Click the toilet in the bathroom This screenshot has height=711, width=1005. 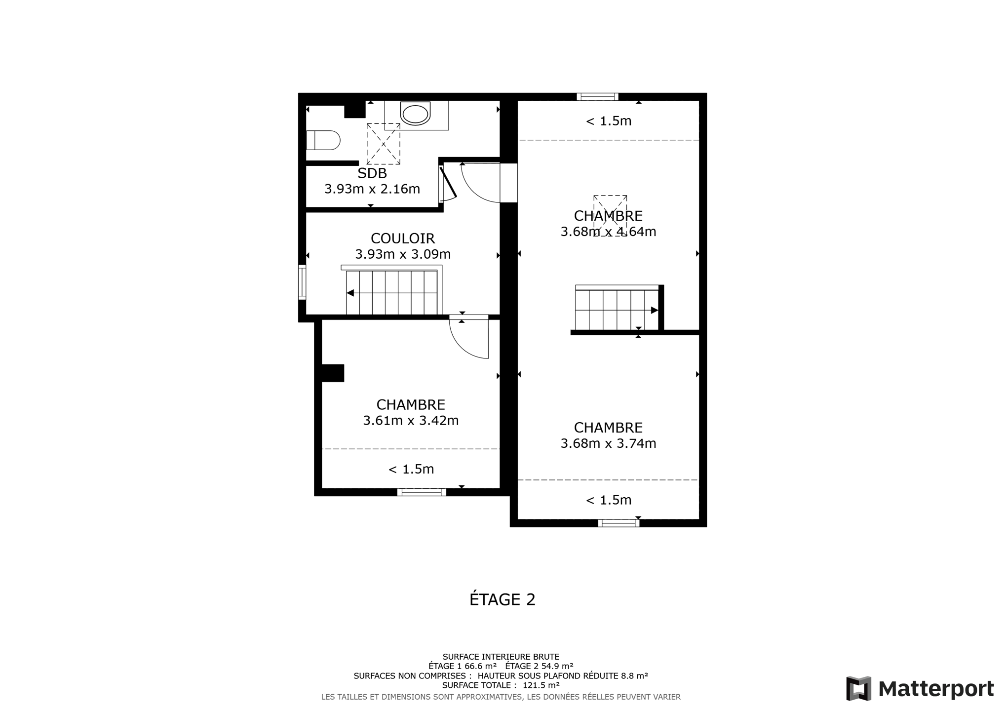click(x=323, y=140)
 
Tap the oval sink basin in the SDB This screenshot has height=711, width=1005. click(x=416, y=114)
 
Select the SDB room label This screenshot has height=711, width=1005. click(x=372, y=173)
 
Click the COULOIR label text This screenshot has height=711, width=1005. click(x=403, y=238)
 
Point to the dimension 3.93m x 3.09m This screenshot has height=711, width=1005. click(x=403, y=254)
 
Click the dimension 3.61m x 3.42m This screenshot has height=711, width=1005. click(x=411, y=421)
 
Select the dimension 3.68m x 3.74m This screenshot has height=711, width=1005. click(x=608, y=443)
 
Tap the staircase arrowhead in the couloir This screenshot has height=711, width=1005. click(x=350, y=293)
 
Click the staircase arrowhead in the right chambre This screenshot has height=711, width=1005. click(x=655, y=311)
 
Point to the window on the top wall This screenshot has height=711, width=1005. click(x=597, y=97)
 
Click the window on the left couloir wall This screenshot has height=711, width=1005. click(x=302, y=282)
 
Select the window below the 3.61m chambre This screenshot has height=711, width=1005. click(x=422, y=492)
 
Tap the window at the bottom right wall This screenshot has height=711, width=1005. click(x=618, y=523)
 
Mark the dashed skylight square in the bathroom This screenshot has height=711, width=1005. click(x=383, y=144)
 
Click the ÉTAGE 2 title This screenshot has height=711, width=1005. click(x=502, y=599)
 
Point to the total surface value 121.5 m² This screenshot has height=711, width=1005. click(x=541, y=685)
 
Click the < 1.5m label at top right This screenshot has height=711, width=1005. click(x=608, y=121)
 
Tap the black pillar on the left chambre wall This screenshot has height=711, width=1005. click(x=333, y=373)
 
